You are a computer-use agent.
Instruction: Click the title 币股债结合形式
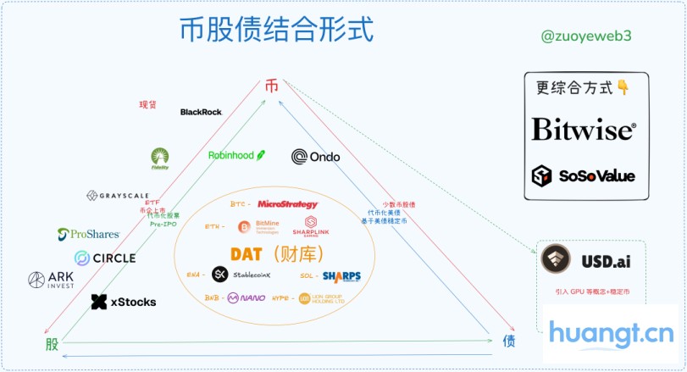277,31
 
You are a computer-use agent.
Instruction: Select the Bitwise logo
583,130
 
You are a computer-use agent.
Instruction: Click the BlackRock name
201,112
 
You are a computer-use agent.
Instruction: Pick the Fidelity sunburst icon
160,158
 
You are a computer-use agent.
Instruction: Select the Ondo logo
315,157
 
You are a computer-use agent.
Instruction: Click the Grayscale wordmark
118,196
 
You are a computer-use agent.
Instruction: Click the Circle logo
105,258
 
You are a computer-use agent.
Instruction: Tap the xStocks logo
124,302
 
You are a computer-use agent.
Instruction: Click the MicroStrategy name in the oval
288,204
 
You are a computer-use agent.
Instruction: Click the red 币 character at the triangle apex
271,86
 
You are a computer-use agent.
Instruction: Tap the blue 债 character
509,341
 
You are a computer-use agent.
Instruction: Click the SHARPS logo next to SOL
341,276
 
